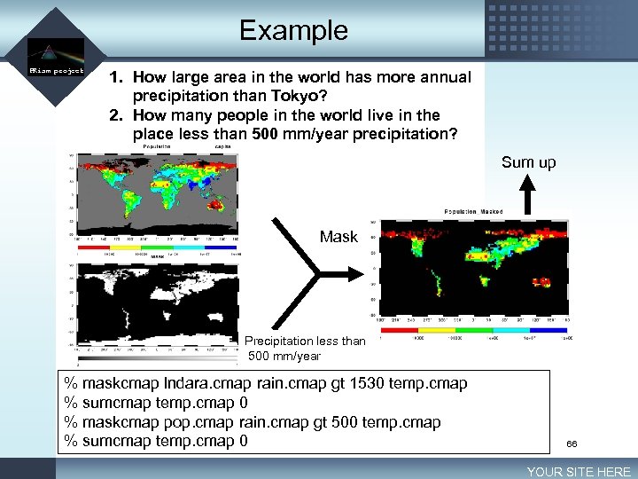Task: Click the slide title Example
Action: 293,30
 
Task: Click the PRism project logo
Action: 55,59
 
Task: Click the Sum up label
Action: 528,161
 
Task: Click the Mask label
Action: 338,237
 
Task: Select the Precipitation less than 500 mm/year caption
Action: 304,348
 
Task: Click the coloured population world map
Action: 158,192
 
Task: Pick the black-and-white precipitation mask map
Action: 158,302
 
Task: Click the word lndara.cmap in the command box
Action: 207,383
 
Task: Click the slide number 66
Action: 572,443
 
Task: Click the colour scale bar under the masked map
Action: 474,330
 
